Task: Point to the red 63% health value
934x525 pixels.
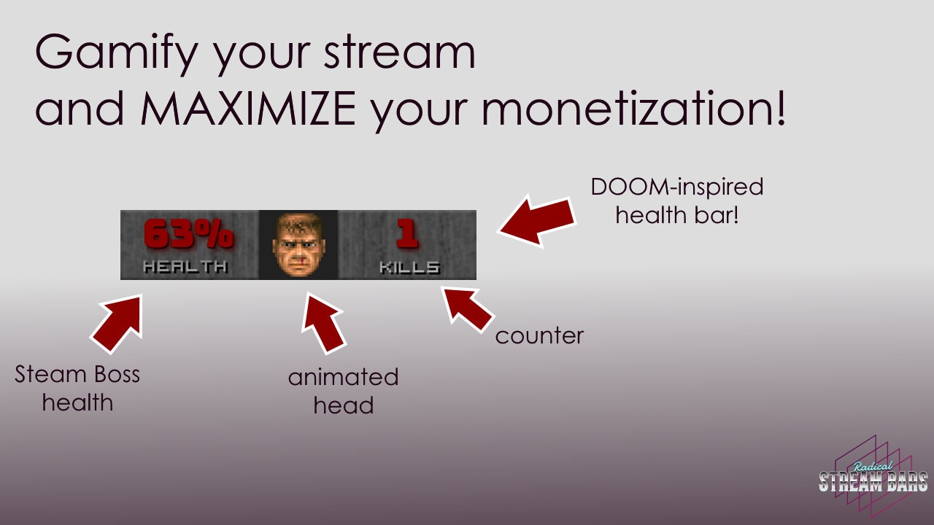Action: pyautogui.click(x=188, y=234)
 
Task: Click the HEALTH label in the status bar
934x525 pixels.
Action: pyautogui.click(x=185, y=267)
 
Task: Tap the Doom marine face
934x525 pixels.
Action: pyautogui.click(x=298, y=244)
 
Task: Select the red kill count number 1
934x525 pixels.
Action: pyautogui.click(x=407, y=234)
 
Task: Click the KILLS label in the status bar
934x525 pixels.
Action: pyautogui.click(x=409, y=268)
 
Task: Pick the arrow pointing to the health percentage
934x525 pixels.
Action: pyautogui.click(x=118, y=322)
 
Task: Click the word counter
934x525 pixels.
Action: pyautogui.click(x=539, y=336)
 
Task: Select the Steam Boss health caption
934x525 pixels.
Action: pyautogui.click(x=77, y=388)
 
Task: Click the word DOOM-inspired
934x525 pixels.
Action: pyautogui.click(x=676, y=187)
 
